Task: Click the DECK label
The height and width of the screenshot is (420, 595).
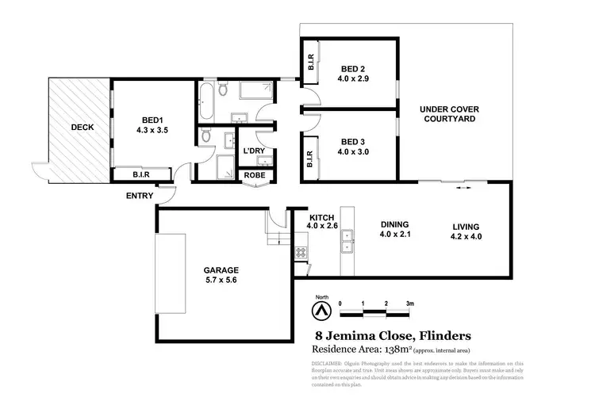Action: click(82, 126)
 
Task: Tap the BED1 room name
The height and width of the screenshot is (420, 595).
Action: click(152, 121)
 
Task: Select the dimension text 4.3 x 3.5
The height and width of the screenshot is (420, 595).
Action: click(152, 132)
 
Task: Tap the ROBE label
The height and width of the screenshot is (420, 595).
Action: click(255, 175)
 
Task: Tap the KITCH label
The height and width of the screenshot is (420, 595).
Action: click(321, 216)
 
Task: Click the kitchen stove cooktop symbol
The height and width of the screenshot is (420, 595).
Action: click(302, 254)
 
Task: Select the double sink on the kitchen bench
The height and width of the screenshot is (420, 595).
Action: click(347, 250)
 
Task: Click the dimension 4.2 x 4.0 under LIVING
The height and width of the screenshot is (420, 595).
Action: click(466, 235)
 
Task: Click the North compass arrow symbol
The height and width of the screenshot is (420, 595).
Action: click(321, 309)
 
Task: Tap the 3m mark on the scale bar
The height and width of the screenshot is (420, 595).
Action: click(410, 304)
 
